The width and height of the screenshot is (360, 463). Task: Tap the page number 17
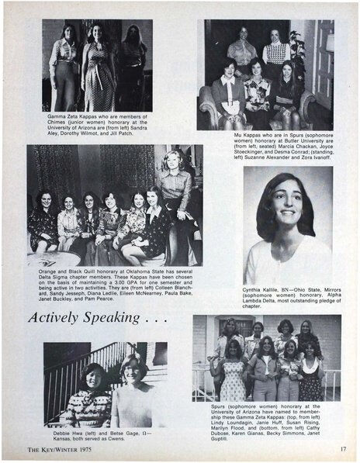pyautogui.click(x=341, y=448)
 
